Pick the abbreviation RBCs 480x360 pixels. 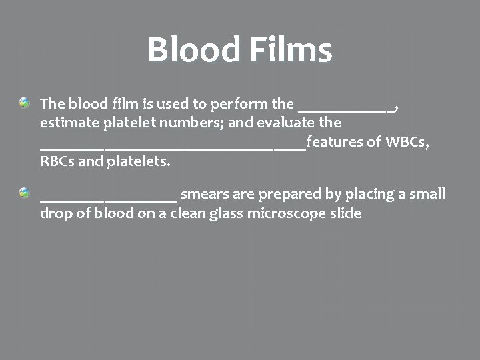click(x=58, y=161)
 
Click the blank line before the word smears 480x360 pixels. click(x=108, y=199)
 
